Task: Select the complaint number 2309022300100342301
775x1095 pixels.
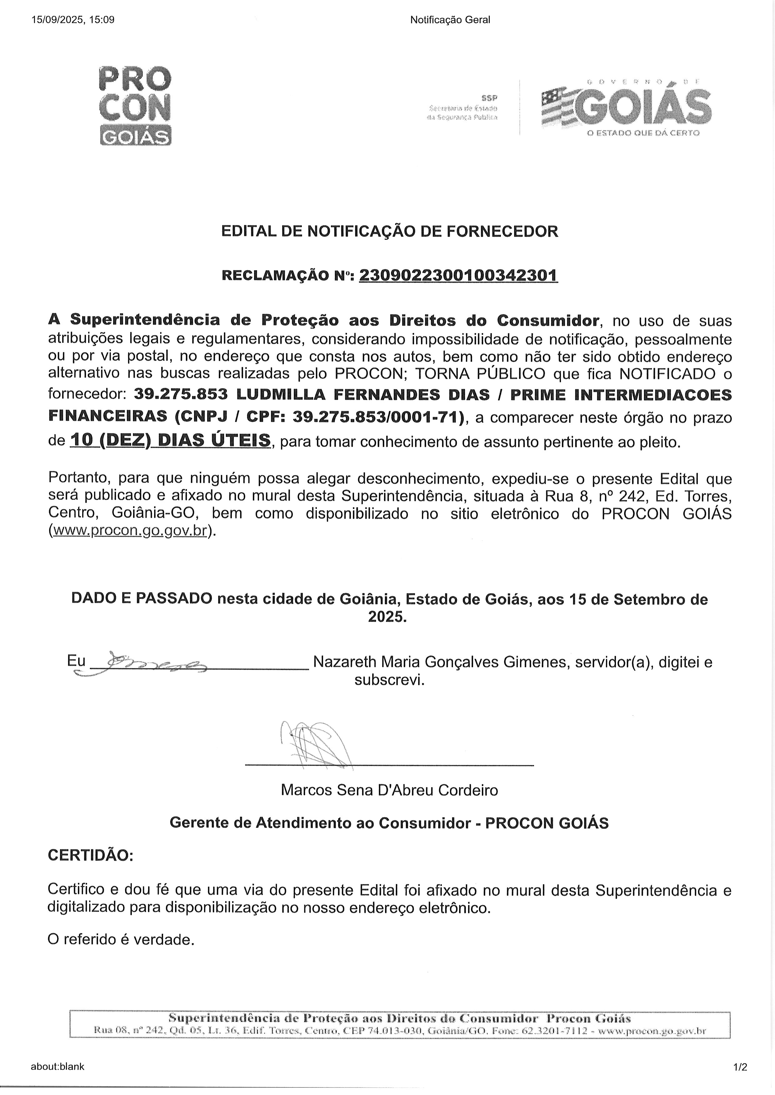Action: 458,275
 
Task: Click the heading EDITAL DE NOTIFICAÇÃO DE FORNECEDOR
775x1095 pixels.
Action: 389,231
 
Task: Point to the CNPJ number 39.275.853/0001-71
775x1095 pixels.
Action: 377,417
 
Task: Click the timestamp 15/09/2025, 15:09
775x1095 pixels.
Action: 72,20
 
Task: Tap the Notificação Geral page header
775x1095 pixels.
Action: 450,20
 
